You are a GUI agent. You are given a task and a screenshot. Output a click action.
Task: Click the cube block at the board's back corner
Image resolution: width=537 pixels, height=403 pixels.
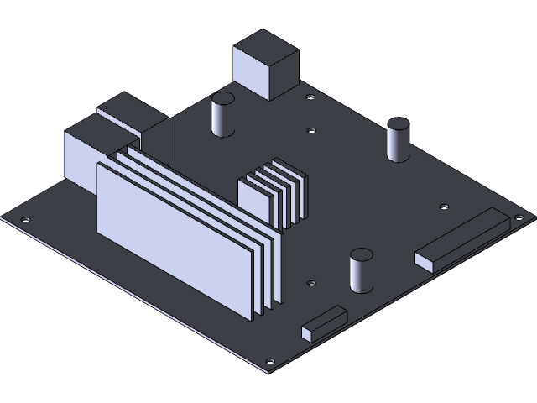pyautogui.click(x=266, y=65)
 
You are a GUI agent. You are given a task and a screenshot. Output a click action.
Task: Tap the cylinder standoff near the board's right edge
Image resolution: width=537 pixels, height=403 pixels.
pyautogui.click(x=398, y=140)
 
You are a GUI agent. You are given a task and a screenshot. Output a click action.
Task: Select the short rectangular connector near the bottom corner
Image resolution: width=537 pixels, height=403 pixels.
pyautogui.click(x=325, y=322)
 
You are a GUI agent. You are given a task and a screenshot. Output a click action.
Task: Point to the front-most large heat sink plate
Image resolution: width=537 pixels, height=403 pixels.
pyautogui.click(x=175, y=238)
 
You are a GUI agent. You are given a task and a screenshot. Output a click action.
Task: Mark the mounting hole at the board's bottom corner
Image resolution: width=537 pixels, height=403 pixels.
pyautogui.click(x=269, y=363)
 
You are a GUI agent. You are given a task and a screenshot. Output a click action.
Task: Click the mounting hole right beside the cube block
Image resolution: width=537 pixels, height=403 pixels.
pyautogui.click(x=310, y=98)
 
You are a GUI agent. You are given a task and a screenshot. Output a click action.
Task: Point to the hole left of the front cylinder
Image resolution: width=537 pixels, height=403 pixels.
pyautogui.click(x=311, y=284)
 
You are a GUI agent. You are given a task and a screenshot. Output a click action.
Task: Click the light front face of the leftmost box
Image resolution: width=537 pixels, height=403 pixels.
pyautogui.click(x=82, y=160)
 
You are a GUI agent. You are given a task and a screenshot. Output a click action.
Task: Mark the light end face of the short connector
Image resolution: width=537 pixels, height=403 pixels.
pyautogui.click(x=308, y=332)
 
